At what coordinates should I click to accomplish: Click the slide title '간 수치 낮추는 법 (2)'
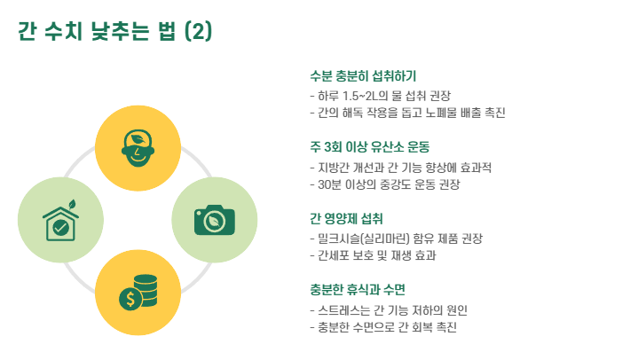tap(114, 33)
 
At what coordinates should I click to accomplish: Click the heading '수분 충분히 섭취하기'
tap(363, 76)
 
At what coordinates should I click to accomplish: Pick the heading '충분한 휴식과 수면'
tap(358, 290)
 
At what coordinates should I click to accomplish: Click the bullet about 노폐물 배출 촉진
tap(407, 113)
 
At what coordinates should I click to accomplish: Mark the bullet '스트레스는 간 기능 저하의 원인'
tap(388, 310)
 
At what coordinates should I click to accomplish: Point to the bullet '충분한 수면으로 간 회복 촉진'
tap(382, 328)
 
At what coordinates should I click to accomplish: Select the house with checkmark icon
tap(60, 222)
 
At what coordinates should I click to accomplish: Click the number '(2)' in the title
tap(197, 33)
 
